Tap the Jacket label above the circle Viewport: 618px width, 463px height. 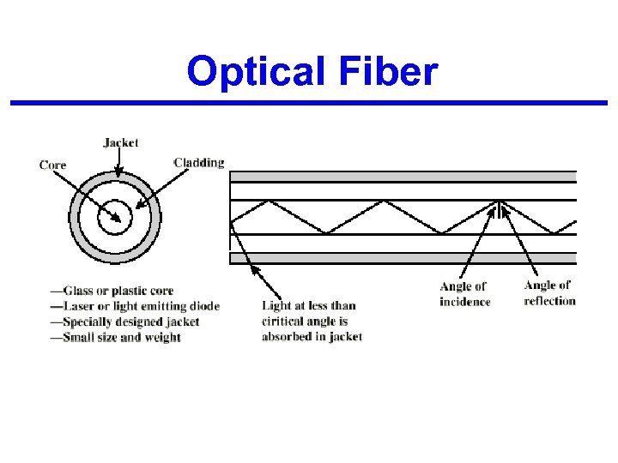pos(120,142)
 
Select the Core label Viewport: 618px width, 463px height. pos(52,164)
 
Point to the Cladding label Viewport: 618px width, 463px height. pos(199,162)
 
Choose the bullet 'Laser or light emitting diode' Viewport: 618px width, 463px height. pos(135,306)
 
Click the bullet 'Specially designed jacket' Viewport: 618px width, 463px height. pos(124,322)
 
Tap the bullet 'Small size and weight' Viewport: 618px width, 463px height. pos(115,337)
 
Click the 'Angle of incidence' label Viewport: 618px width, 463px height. pos(463,293)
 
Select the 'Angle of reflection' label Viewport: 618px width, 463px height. pos(549,292)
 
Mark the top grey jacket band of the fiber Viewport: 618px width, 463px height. pos(403,177)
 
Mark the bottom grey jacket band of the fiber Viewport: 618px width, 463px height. pos(403,257)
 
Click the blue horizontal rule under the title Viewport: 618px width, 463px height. pos(309,104)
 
